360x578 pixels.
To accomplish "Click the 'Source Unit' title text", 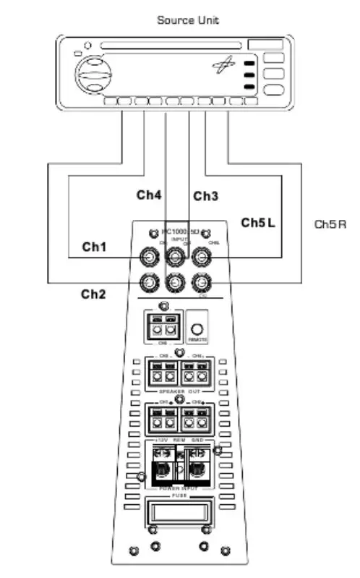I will coord(188,20).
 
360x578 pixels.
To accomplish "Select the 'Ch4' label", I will coord(149,195).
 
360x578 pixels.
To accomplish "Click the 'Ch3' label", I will coord(205,196).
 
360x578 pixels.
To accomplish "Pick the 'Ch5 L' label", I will coord(258,224).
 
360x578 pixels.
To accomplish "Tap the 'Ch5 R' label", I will coord(330,224).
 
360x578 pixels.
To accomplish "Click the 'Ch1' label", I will coord(94,247).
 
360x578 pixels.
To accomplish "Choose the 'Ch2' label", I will coord(93,293).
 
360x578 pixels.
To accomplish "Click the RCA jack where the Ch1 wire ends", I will coord(150,255).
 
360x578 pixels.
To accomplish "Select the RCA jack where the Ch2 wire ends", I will coord(150,282).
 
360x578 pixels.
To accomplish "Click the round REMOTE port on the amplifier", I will coord(197,325).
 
